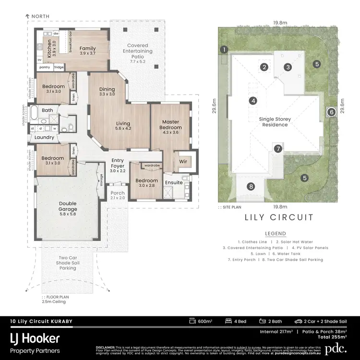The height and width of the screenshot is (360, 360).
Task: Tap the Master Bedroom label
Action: tap(170, 125)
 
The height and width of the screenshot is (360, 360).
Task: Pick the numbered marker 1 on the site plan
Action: tap(224, 49)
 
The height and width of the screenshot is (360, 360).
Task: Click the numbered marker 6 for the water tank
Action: tap(331, 112)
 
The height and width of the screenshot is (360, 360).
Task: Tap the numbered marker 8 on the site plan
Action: tap(251, 187)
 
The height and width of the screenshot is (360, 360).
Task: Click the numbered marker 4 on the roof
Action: tap(252, 100)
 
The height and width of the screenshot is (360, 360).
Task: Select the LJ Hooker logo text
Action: tap(36, 338)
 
